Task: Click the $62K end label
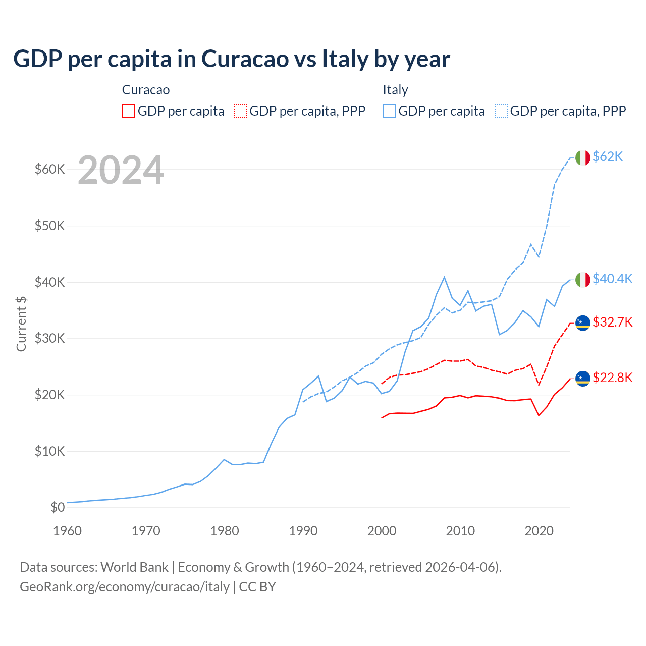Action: tap(608, 157)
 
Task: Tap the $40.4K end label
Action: tap(612, 279)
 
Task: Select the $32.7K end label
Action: tap(612, 322)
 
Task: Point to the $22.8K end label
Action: tap(612, 378)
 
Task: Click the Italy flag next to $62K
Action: tap(583, 158)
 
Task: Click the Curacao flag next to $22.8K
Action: tap(583, 379)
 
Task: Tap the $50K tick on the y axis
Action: tap(49, 226)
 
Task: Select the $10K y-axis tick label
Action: tap(49, 451)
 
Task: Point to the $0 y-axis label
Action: tap(58, 507)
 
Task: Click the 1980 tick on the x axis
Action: tap(225, 531)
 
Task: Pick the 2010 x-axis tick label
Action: tap(460, 531)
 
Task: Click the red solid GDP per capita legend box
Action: tap(129, 111)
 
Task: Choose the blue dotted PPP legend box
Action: tap(501, 111)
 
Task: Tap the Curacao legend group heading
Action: tap(146, 90)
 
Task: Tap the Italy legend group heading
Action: tap(395, 90)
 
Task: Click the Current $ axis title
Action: tap(21, 324)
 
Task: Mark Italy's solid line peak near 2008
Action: tap(444, 277)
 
